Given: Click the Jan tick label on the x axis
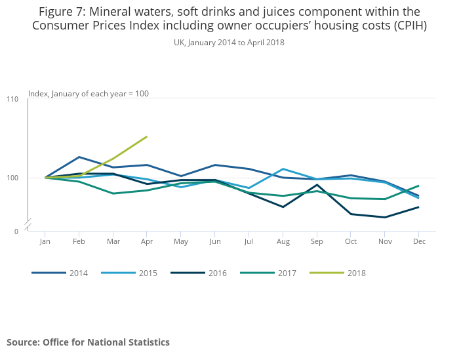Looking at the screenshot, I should point(45,241).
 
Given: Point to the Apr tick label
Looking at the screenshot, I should point(147,241).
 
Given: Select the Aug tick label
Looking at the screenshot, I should point(283,241).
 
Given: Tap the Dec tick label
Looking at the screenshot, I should point(419,241).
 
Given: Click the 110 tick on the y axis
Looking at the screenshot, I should point(12,99).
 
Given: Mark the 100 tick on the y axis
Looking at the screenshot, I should point(12,178).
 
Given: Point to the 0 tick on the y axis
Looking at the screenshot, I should point(16,231).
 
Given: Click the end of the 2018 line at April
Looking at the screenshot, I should point(147,136).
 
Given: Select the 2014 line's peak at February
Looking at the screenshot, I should point(79,157).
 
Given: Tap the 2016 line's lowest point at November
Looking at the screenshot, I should point(385,217).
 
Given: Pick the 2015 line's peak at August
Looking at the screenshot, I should point(283,169).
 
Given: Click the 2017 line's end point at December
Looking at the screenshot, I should point(419,186).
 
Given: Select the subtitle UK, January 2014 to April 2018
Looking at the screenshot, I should point(229,42).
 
